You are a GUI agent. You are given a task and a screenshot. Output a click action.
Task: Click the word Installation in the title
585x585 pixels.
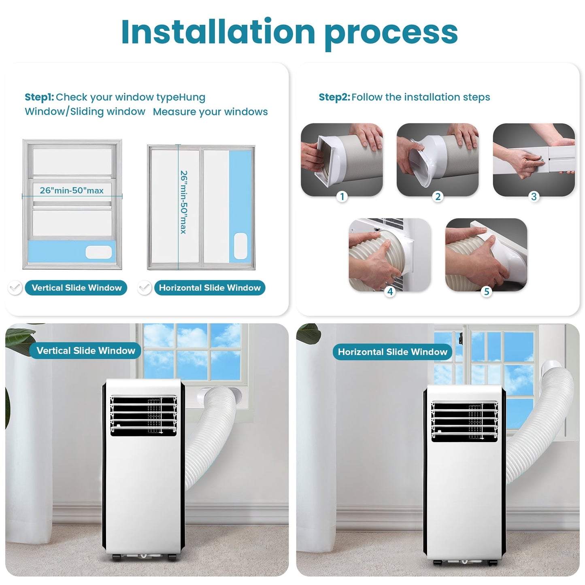click(x=218, y=32)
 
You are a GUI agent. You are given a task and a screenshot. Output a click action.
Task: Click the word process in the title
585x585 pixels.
click(x=391, y=32)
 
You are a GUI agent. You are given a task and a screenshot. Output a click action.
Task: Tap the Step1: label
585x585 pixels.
click(x=39, y=97)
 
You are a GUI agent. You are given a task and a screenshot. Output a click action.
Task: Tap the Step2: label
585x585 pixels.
click(x=334, y=97)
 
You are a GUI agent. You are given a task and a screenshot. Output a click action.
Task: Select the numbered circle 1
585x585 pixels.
click(x=342, y=197)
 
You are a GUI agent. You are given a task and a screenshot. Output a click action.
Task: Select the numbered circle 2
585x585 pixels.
click(x=438, y=197)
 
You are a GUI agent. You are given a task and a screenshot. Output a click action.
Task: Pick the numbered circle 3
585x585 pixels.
click(x=534, y=197)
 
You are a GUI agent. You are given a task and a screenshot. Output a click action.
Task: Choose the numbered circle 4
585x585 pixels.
click(x=390, y=291)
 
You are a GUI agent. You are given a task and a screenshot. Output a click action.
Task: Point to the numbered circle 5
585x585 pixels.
click(x=487, y=291)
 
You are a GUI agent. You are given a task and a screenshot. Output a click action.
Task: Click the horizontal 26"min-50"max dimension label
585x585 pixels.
click(x=72, y=190)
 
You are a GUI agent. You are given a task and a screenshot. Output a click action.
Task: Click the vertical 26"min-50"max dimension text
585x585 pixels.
click(x=184, y=202)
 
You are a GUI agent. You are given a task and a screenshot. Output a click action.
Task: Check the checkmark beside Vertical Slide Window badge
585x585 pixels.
click(x=15, y=288)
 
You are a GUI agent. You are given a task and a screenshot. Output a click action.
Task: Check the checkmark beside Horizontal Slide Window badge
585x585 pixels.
click(x=145, y=288)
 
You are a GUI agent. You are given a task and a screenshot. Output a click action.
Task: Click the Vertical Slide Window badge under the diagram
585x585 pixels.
click(x=77, y=288)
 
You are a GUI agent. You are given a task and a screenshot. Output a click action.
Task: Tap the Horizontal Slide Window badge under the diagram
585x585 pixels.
click(x=210, y=288)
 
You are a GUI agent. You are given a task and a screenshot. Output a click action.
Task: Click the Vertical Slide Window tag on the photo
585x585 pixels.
click(x=85, y=351)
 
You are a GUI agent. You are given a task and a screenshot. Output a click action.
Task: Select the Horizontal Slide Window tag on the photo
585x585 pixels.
click(x=392, y=352)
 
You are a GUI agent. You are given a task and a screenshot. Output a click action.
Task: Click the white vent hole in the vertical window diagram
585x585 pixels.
click(x=98, y=252)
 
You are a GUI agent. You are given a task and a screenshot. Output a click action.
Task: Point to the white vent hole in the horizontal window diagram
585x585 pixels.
click(x=240, y=246)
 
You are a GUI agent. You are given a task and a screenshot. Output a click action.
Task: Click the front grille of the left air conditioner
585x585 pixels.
click(x=143, y=416)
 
